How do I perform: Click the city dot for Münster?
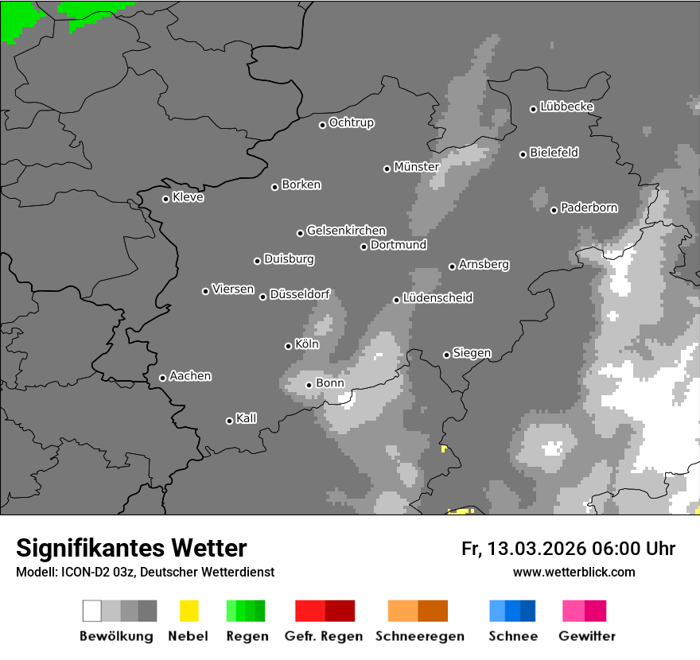[x=387, y=169]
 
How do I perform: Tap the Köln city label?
[x=306, y=344]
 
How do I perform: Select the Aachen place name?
[x=190, y=376]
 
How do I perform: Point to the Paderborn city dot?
[x=554, y=210]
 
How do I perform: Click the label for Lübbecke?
[x=566, y=107]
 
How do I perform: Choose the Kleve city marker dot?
[x=165, y=199]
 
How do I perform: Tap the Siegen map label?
[x=472, y=353]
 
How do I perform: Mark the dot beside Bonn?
[x=309, y=385]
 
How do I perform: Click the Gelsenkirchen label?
[x=346, y=231]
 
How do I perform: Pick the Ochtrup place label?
[x=351, y=122]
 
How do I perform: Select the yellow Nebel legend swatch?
[x=189, y=611]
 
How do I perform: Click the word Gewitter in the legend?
[x=587, y=636]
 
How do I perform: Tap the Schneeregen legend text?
[x=420, y=636]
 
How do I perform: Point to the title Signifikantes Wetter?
[x=131, y=548]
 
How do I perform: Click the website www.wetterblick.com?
[x=574, y=572]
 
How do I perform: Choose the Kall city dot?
[x=229, y=421]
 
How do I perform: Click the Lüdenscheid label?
[x=437, y=298]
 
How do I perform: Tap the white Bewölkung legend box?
[x=92, y=611]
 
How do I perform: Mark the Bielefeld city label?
[x=554, y=153]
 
